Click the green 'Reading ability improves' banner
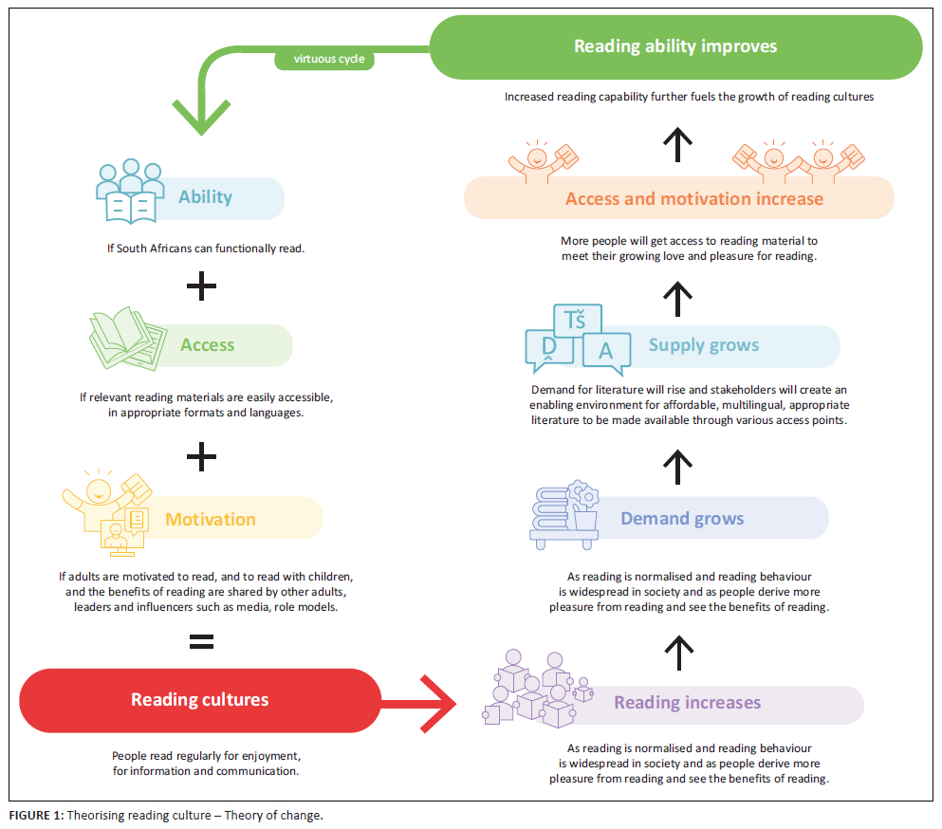point(675,46)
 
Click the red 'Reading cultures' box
point(199,700)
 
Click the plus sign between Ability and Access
point(201,286)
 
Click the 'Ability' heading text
point(205,197)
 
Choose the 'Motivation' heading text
point(211,519)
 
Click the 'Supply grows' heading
point(704,345)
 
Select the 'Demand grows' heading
point(682,519)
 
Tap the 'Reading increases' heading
point(687,703)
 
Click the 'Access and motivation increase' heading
point(694,198)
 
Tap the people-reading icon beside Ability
point(130,192)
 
